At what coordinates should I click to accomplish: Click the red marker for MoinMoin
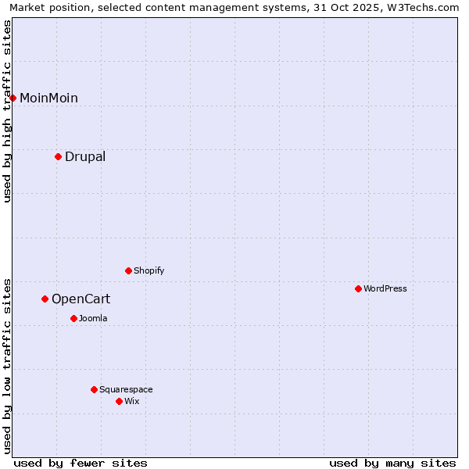13,98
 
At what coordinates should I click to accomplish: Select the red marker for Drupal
58,156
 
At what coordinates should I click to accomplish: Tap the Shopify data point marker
128,270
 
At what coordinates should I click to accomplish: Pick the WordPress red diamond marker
358,288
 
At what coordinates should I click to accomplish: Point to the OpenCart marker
45,299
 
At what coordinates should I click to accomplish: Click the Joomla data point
73,318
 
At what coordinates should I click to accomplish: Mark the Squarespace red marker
94,389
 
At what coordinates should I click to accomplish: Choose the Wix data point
119,401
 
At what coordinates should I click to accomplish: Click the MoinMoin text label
48,98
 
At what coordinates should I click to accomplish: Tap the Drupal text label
85,156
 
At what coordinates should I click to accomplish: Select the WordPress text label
385,288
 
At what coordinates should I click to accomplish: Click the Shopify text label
149,270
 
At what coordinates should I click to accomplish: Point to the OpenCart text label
81,299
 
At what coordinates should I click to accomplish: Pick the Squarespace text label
126,389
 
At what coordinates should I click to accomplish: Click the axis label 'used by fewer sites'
81,463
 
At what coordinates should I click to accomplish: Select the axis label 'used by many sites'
392,463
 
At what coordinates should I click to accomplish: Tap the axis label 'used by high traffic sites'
7,111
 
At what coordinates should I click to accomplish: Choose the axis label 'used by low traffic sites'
7,365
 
